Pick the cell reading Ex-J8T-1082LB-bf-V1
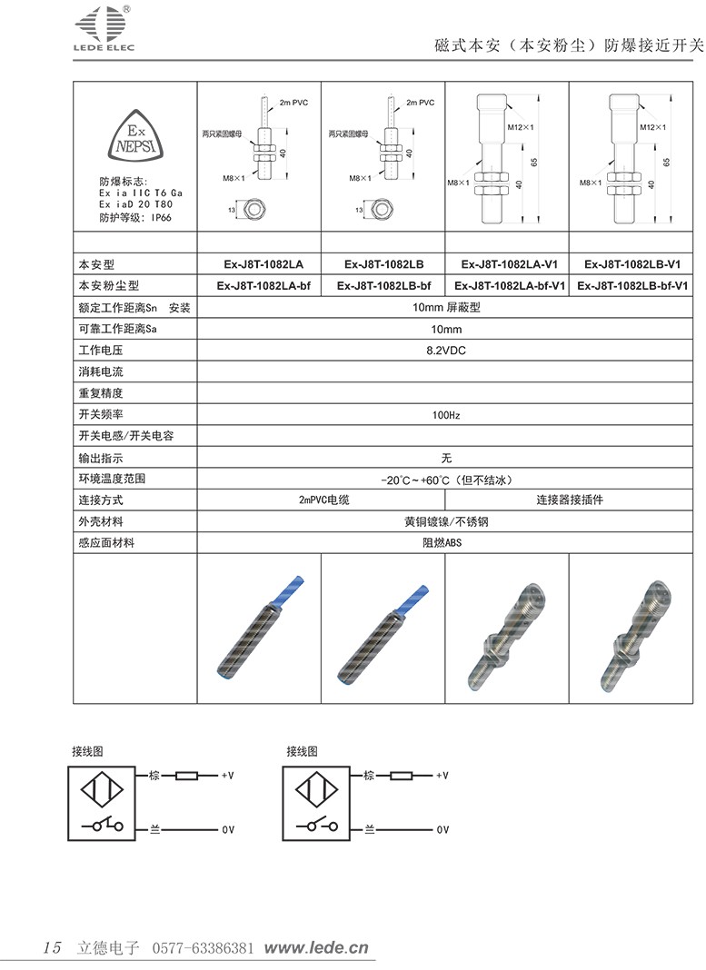pyautogui.click(x=631, y=285)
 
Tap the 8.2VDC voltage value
pyautogui.click(x=445, y=350)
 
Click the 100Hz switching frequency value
pyautogui.click(x=445, y=415)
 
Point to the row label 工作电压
pyautogui.click(x=101, y=350)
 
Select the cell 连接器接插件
pyautogui.click(x=569, y=500)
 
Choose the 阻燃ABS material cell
pyautogui.click(x=445, y=543)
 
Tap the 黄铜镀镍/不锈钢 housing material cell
pyautogui.click(x=445, y=522)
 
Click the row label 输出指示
pyautogui.click(x=101, y=458)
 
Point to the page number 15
pyautogui.click(x=52, y=947)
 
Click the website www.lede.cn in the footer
pyautogui.click(x=316, y=947)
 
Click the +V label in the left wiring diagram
pyautogui.click(x=228, y=776)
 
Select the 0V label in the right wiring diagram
pyautogui.click(x=442, y=830)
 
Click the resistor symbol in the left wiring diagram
pyautogui.click(x=187, y=776)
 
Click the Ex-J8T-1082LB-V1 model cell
pyautogui.click(x=631, y=264)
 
